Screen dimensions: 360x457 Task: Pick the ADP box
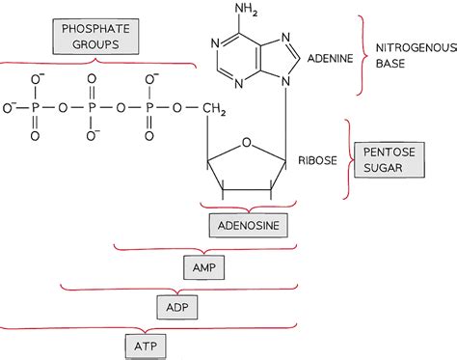[x=176, y=305]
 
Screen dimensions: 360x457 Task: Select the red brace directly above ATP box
[x=145, y=326]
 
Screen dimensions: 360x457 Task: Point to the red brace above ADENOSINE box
[x=243, y=207]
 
